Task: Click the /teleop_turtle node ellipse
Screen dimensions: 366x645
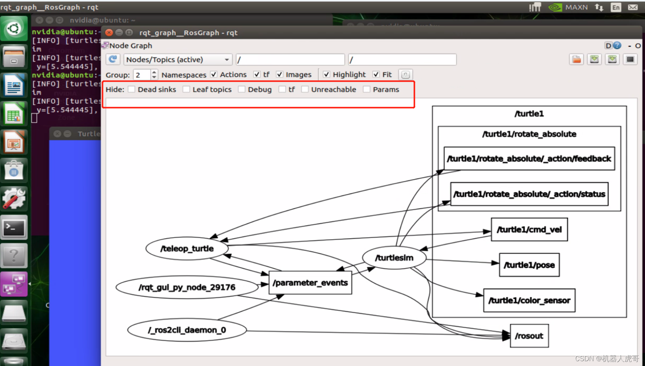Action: pyautogui.click(x=187, y=249)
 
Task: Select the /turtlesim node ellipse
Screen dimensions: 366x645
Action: pyautogui.click(x=394, y=258)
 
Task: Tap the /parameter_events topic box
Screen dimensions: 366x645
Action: pyautogui.click(x=310, y=283)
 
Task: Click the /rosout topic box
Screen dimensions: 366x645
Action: pyautogui.click(x=529, y=336)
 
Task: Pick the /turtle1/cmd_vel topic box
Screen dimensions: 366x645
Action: pyautogui.click(x=529, y=229)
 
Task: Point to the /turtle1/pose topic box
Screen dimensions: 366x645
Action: pyautogui.click(x=529, y=265)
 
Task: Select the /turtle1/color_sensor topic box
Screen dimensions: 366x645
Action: pyautogui.click(x=529, y=300)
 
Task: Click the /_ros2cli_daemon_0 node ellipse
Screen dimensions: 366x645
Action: pyautogui.click(x=187, y=330)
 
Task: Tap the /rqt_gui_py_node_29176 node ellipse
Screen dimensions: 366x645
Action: pyautogui.click(x=187, y=287)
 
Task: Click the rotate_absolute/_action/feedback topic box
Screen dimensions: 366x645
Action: pyautogui.click(x=529, y=159)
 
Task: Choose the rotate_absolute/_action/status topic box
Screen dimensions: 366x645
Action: pyautogui.click(x=529, y=194)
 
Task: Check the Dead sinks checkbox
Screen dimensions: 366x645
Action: pyautogui.click(x=131, y=90)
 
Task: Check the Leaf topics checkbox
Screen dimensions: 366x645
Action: pyautogui.click(x=186, y=90)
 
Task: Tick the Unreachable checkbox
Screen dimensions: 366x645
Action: pyautogui.click(x=305, y=90)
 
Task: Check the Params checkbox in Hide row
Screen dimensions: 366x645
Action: pyautogui.click(x=367, y=90)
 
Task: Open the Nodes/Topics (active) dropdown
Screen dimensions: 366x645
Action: pyautogui.click(x=178, y=60)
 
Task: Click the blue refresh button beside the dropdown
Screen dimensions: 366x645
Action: pyautogui.click(x=113, y=59)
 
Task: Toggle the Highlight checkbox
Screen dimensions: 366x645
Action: pyautogui.click(x=326, y=75)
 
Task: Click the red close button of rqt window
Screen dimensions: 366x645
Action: pyautogui.click(x=109, y=32)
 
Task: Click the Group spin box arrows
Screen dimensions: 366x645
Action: pyautogui.click(x=154, y=75)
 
